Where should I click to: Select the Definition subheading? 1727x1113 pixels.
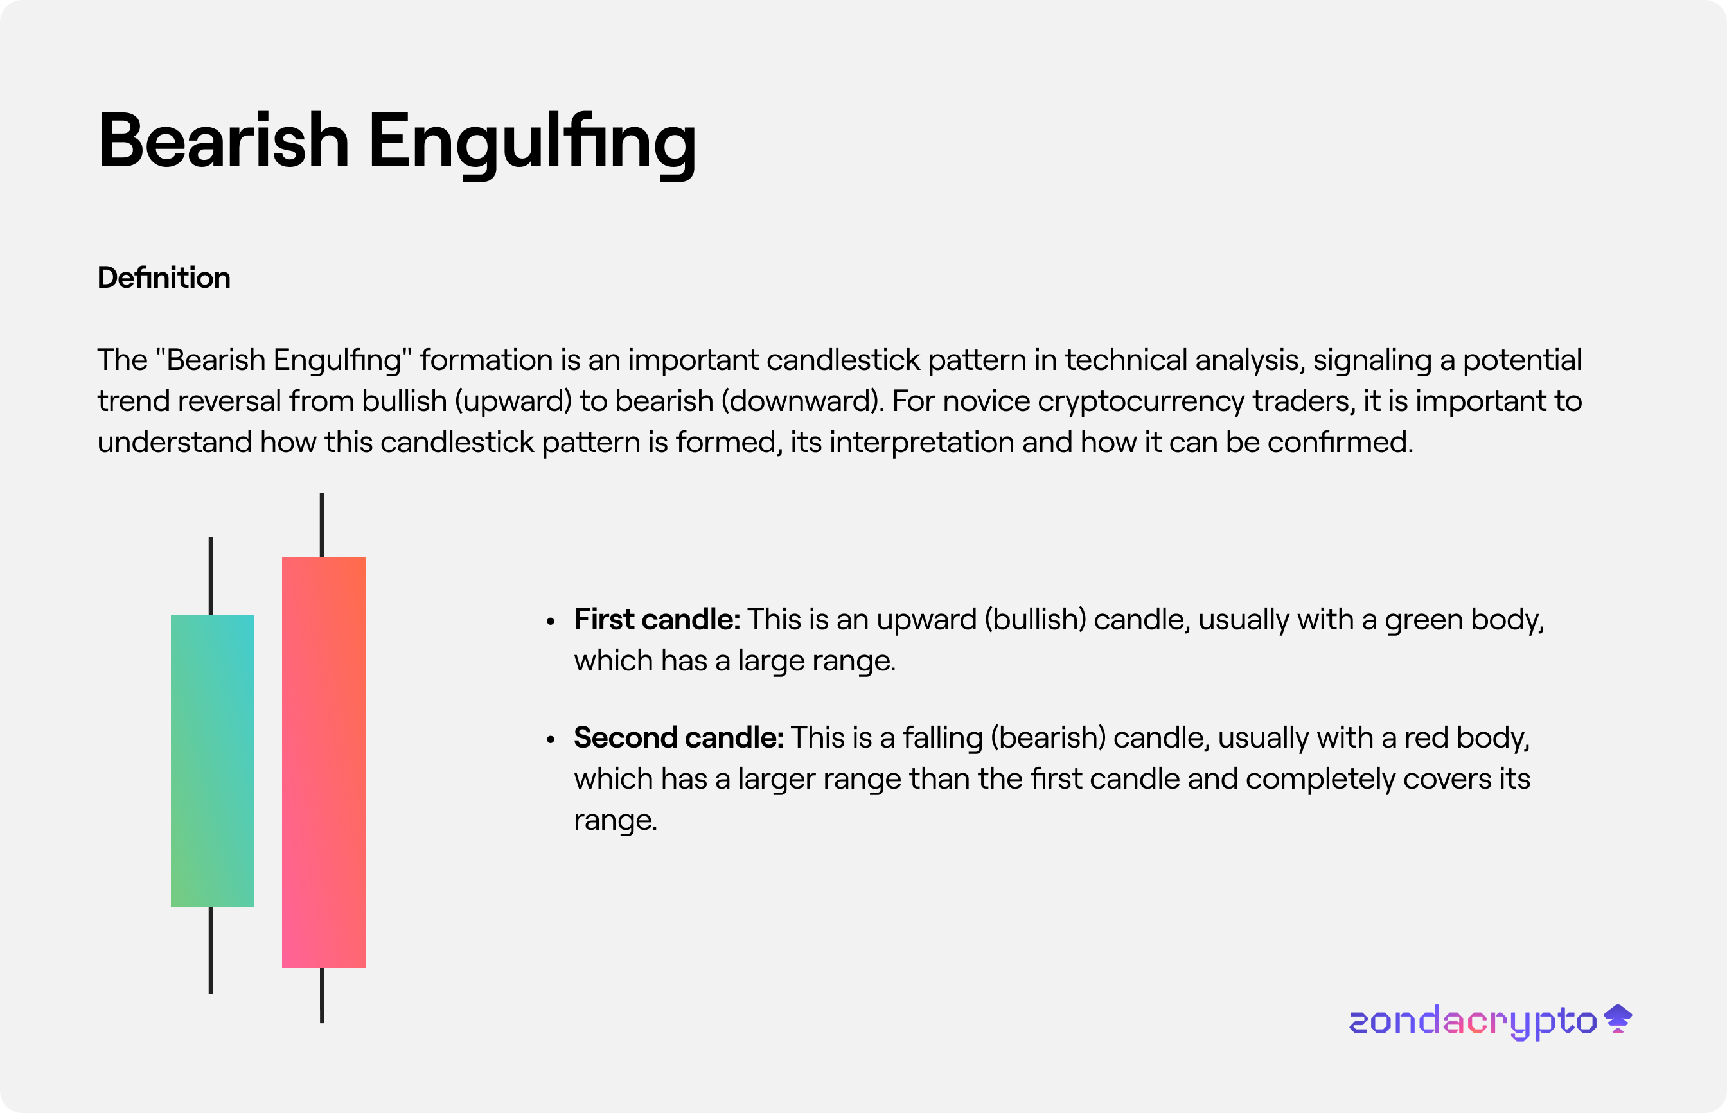point(164,277)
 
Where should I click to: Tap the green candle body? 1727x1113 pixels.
point(213,761)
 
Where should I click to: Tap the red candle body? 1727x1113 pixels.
point(324,762)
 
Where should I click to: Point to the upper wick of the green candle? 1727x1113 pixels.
point(210,576)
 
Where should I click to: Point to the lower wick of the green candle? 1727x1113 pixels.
point(210,951)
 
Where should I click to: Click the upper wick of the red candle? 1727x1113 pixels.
point(322,525)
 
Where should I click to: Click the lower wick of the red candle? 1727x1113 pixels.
point(322,996)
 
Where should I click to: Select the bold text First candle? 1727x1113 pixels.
point(657,619)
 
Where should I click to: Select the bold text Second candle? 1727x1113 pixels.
point(679,737)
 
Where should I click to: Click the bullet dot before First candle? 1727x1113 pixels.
point(551,621)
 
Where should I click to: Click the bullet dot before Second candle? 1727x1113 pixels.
point(551,739)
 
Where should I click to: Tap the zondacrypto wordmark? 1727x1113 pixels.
point(1473,1022)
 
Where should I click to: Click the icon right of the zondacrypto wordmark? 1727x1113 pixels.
point(1618,1019)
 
